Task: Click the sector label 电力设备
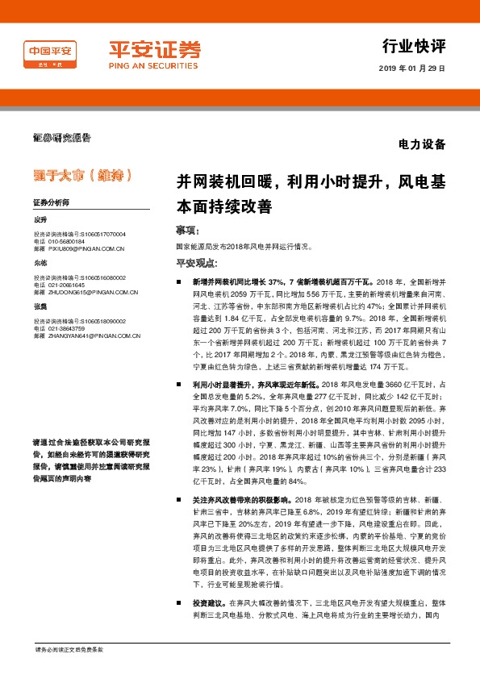[422, 145]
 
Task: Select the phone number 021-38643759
[65, 328]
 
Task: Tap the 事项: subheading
[187, 231]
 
